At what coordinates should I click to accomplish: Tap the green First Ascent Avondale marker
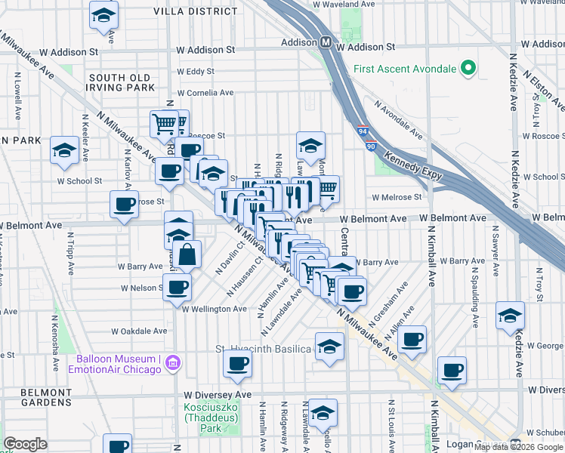click(x=468, y=69)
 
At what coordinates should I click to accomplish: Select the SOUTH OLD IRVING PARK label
click(x=122, y=82)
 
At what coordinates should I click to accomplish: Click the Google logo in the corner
click(x=25, y=444)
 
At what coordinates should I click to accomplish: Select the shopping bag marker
click(x=187, y=254)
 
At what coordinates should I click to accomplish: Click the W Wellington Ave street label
click(x=214, y=308)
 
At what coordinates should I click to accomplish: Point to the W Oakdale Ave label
click(x=139, y=331)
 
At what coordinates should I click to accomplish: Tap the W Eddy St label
click(x=196, y=72)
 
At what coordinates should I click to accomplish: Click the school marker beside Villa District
click(x=103, y=15)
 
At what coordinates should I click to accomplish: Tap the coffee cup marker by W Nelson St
click(x=178, y=287)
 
